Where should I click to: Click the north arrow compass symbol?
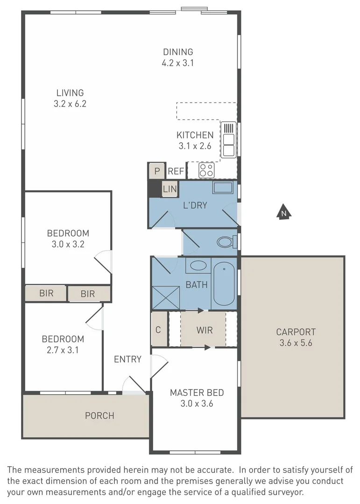coord(283,212)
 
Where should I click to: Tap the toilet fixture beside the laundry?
coord(226,242)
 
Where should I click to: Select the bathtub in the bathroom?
coord(224,284)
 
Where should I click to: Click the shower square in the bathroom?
coord(166,296)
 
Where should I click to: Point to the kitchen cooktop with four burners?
coord(206,170)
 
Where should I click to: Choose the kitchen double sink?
coord(228,140)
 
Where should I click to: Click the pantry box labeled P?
coord(157,171)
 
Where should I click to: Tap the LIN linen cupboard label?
coord(170,189)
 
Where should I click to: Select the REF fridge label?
coord(176,171)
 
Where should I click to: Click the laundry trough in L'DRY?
coord(225,188)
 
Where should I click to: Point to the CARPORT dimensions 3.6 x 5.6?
coord(296,343)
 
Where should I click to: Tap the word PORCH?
coord(99,415)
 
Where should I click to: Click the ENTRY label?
coord(127,359)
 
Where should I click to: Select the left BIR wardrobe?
coord(46,294)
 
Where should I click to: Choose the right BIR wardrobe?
coord(88,294)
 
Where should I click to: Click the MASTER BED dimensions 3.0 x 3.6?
coord(197,404)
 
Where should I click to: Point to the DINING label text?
coord(177,52)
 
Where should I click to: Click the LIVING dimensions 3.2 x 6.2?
coord(71,104)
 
